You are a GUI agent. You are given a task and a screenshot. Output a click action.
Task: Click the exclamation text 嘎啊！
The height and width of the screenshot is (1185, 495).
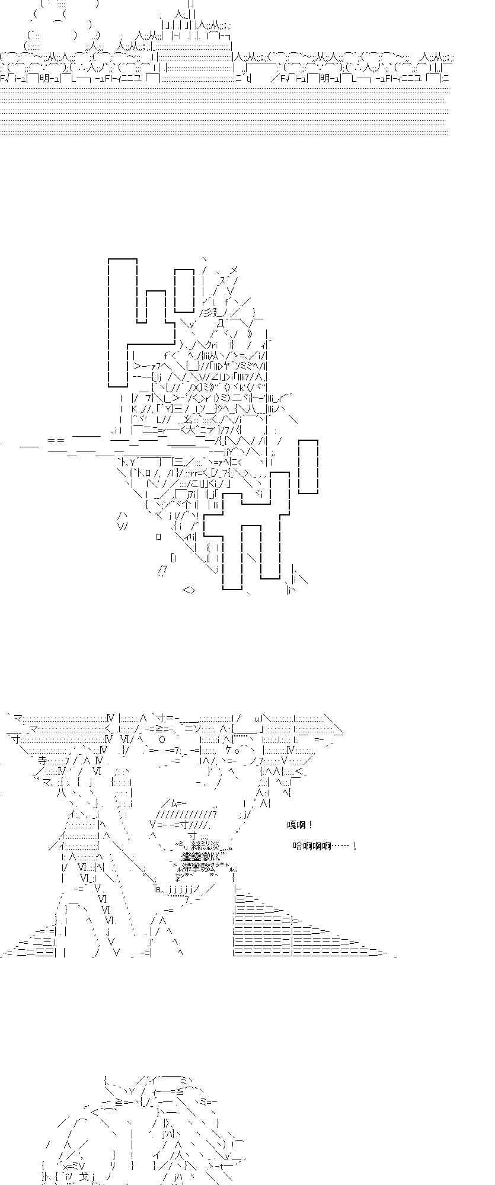point(299,825)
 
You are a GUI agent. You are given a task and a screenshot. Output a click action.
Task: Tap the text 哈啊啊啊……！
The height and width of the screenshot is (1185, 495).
point(324,846)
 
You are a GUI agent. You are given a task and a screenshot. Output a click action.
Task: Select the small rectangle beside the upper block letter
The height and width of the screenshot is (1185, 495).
point(184,290)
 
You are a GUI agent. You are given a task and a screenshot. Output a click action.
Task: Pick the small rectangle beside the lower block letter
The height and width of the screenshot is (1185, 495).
point(308,467)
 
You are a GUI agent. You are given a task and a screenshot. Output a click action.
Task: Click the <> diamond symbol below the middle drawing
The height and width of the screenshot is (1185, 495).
point(189,590)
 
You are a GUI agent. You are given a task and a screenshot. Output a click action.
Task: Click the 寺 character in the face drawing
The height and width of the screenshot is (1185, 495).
point(42,761)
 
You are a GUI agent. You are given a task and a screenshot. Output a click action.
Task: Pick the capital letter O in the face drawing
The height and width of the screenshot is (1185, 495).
point(162,739)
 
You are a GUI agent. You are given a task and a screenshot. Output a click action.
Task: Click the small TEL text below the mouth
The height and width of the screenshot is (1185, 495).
point(157,889)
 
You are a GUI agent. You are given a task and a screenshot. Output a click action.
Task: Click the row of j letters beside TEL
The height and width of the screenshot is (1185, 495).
point(179,889)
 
